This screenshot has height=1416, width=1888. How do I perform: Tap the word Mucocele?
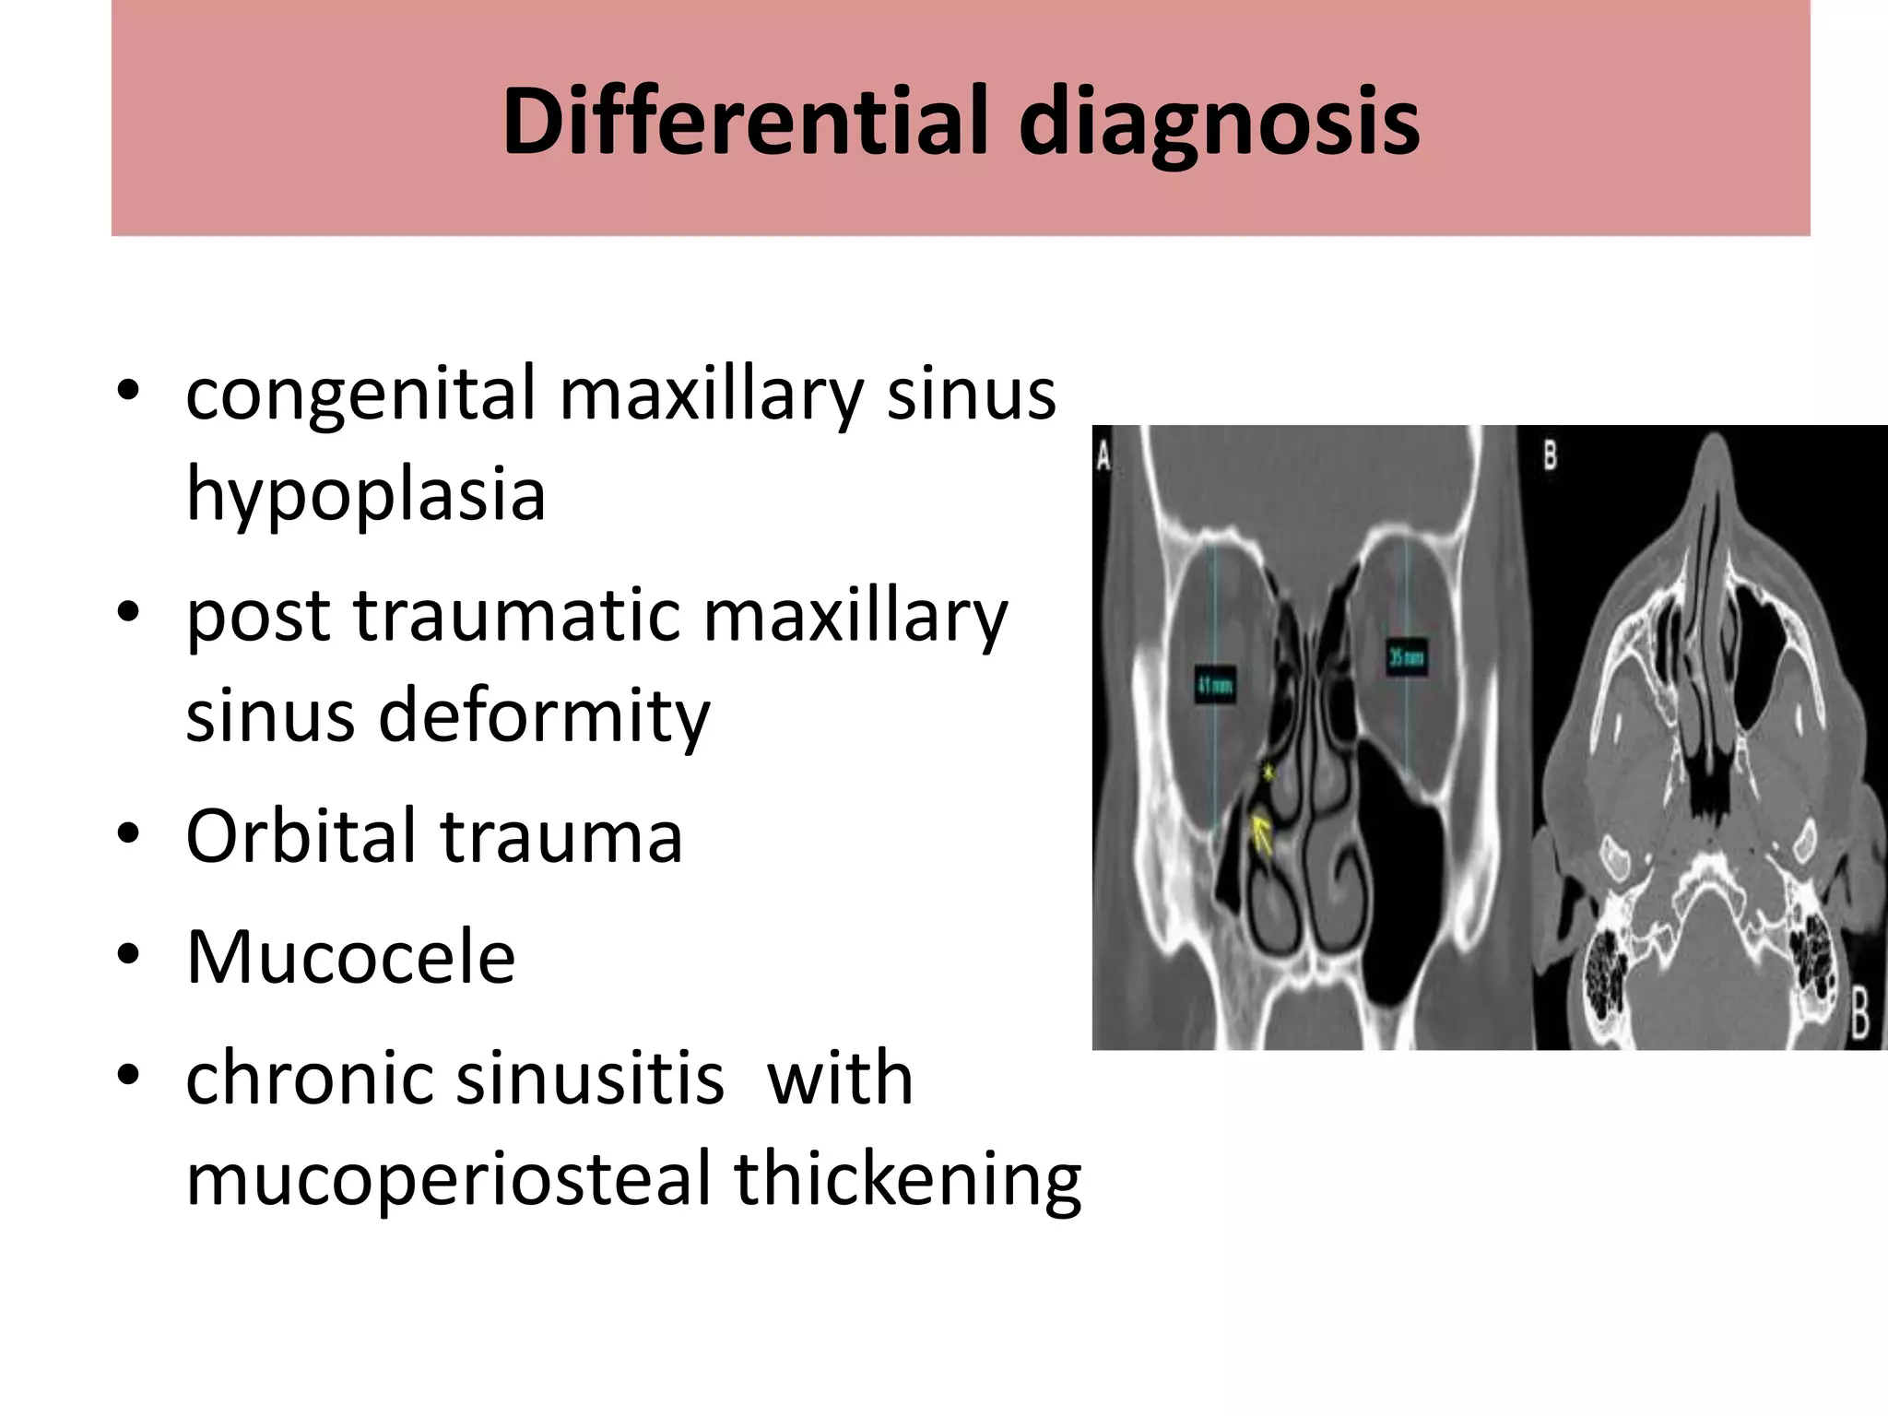[x=350, y=957]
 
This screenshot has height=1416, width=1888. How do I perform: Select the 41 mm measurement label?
[x=1216, y=686]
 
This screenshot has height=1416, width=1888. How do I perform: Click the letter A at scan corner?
[x=1103, y=455]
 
